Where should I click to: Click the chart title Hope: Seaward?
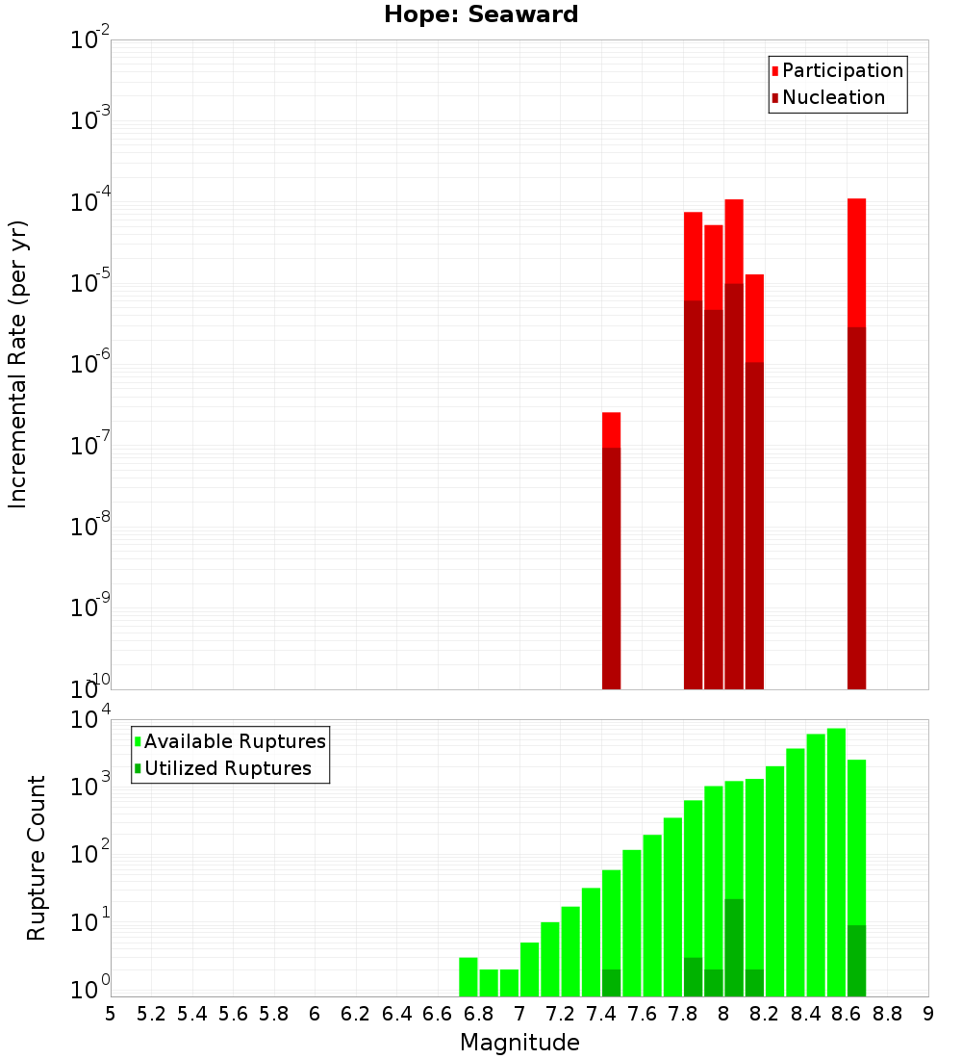(481, 15)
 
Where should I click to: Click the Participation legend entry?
(843, 71)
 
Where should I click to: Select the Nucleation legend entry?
(833, 98)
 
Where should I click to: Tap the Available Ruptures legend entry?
(235, 742)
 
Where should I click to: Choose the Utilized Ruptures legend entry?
(227, 769)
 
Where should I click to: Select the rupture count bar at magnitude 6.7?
(468, 977)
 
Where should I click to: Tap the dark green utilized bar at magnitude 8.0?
(734, 948)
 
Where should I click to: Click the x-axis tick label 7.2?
(560, 1014)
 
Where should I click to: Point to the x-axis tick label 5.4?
(192, 1014)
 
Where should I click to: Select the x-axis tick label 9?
(928, 1014)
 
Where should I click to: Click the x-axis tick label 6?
(315, 1014)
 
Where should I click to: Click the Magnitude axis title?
(519, 1043)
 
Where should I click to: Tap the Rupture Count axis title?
(37, 857)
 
